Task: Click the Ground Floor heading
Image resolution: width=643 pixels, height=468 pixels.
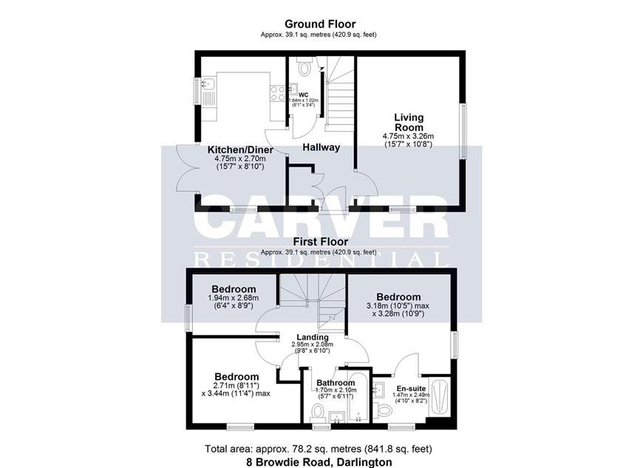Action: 320,24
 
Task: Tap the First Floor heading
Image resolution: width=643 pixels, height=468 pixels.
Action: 321,242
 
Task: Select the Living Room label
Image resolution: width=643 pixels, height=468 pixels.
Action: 409,122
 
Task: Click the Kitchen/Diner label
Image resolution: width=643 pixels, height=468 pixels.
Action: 240,149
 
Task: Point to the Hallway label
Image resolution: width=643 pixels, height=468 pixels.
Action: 321,147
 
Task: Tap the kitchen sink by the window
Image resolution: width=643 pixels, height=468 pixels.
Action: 208,84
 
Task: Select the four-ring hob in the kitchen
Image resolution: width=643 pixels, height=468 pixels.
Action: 278,93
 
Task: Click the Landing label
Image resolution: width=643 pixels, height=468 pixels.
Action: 313,337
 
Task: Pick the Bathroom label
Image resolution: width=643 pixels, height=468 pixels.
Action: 336,383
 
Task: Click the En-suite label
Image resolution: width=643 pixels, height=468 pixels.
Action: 411,388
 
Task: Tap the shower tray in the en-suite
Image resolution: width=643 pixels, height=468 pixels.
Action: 439,396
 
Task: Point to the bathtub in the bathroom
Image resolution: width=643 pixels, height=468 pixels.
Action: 358,396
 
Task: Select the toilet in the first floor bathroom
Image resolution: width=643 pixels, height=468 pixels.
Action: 319,412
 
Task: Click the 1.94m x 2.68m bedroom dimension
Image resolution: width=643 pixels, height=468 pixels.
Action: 234,298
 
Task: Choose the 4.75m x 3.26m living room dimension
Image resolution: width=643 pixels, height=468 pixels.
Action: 408,136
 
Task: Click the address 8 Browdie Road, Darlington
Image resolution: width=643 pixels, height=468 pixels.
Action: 319,462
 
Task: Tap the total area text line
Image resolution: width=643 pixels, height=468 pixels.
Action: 319,449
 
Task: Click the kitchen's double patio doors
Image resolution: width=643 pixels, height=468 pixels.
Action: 187,168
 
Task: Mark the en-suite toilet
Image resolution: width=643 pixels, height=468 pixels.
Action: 384,410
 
